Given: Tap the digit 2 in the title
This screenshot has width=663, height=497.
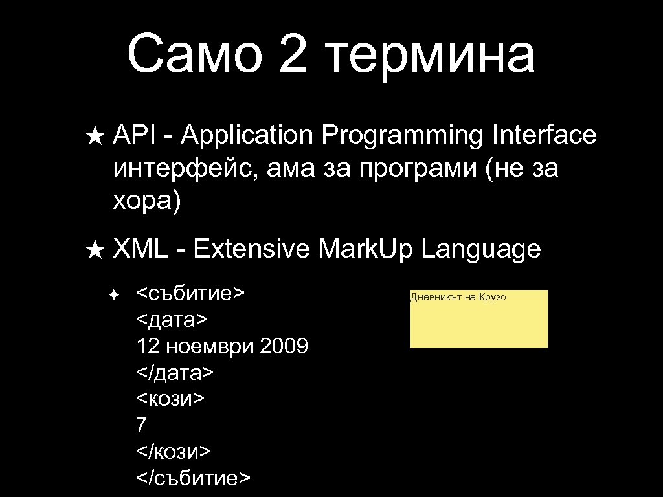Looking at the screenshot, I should pyautogui.click(x=297, y=54).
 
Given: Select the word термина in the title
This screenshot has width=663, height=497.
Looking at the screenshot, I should pyautogui.click(x=433, y=55).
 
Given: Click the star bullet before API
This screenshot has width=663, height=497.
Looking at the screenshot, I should pyautogui.click(x=94, y=137).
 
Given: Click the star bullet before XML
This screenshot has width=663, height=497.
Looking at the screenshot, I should pyautogui.click(x=94, y=249).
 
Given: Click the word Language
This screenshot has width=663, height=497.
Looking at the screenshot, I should pyautogui.click(x=480, y=249).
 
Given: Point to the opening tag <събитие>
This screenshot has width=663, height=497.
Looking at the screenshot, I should pyautogui.click(x=190, y=293).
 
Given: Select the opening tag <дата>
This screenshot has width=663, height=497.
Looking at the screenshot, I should pyautogui.click(x=172, y=320).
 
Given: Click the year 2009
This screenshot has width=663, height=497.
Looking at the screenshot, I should pyautogui.click(x=283, y=346).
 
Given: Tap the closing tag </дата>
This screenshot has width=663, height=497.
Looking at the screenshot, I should pyautogui.click(x=175, y=373).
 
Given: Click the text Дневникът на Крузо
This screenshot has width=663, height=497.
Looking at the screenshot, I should pyautogui.click(x=458, y=297).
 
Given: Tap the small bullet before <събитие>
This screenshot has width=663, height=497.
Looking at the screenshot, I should pyautogui.click(x=113, y=294).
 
